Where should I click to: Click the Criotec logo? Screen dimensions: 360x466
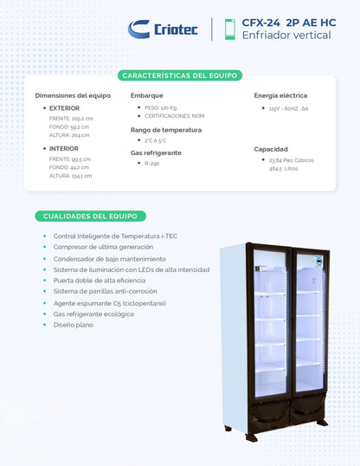coord(163,29)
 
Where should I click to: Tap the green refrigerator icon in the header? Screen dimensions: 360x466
coord(229,29)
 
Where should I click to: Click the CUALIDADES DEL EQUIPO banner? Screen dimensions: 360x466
coord(91,216)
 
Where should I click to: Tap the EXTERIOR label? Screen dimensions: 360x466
coord(64,108)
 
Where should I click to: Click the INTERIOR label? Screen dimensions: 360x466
coord(63,148)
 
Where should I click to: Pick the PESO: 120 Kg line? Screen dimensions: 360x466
coord(156,107)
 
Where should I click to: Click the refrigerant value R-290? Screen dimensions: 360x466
coord(152,162)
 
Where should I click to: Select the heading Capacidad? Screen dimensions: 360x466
coord(271,148)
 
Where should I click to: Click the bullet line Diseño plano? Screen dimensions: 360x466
coord(74,326)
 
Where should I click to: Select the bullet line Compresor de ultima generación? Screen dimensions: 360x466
coord(103,247)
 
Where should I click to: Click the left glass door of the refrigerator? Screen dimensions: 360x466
coord(269,333)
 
